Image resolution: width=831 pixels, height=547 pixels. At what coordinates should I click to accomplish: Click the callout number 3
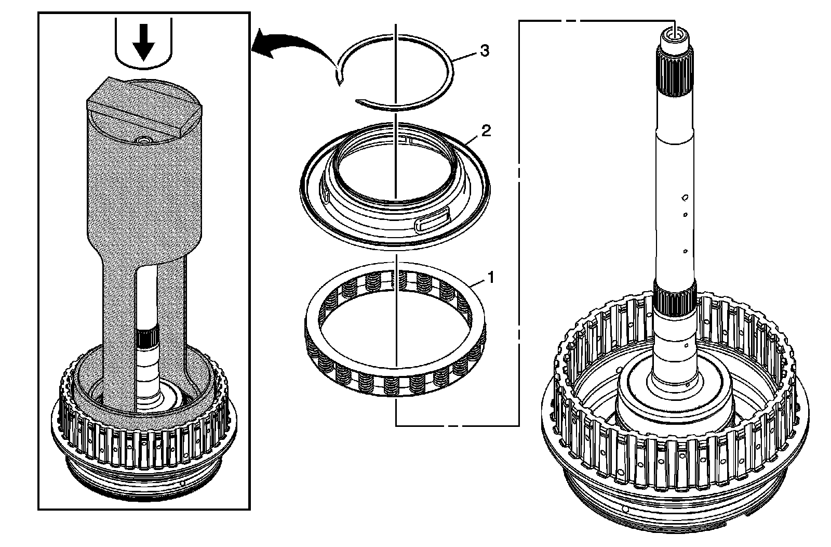point(484,51)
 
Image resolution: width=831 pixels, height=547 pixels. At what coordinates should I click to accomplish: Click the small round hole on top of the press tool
point(143,140)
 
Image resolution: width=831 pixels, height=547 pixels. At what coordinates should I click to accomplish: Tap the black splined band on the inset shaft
point(148,338)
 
